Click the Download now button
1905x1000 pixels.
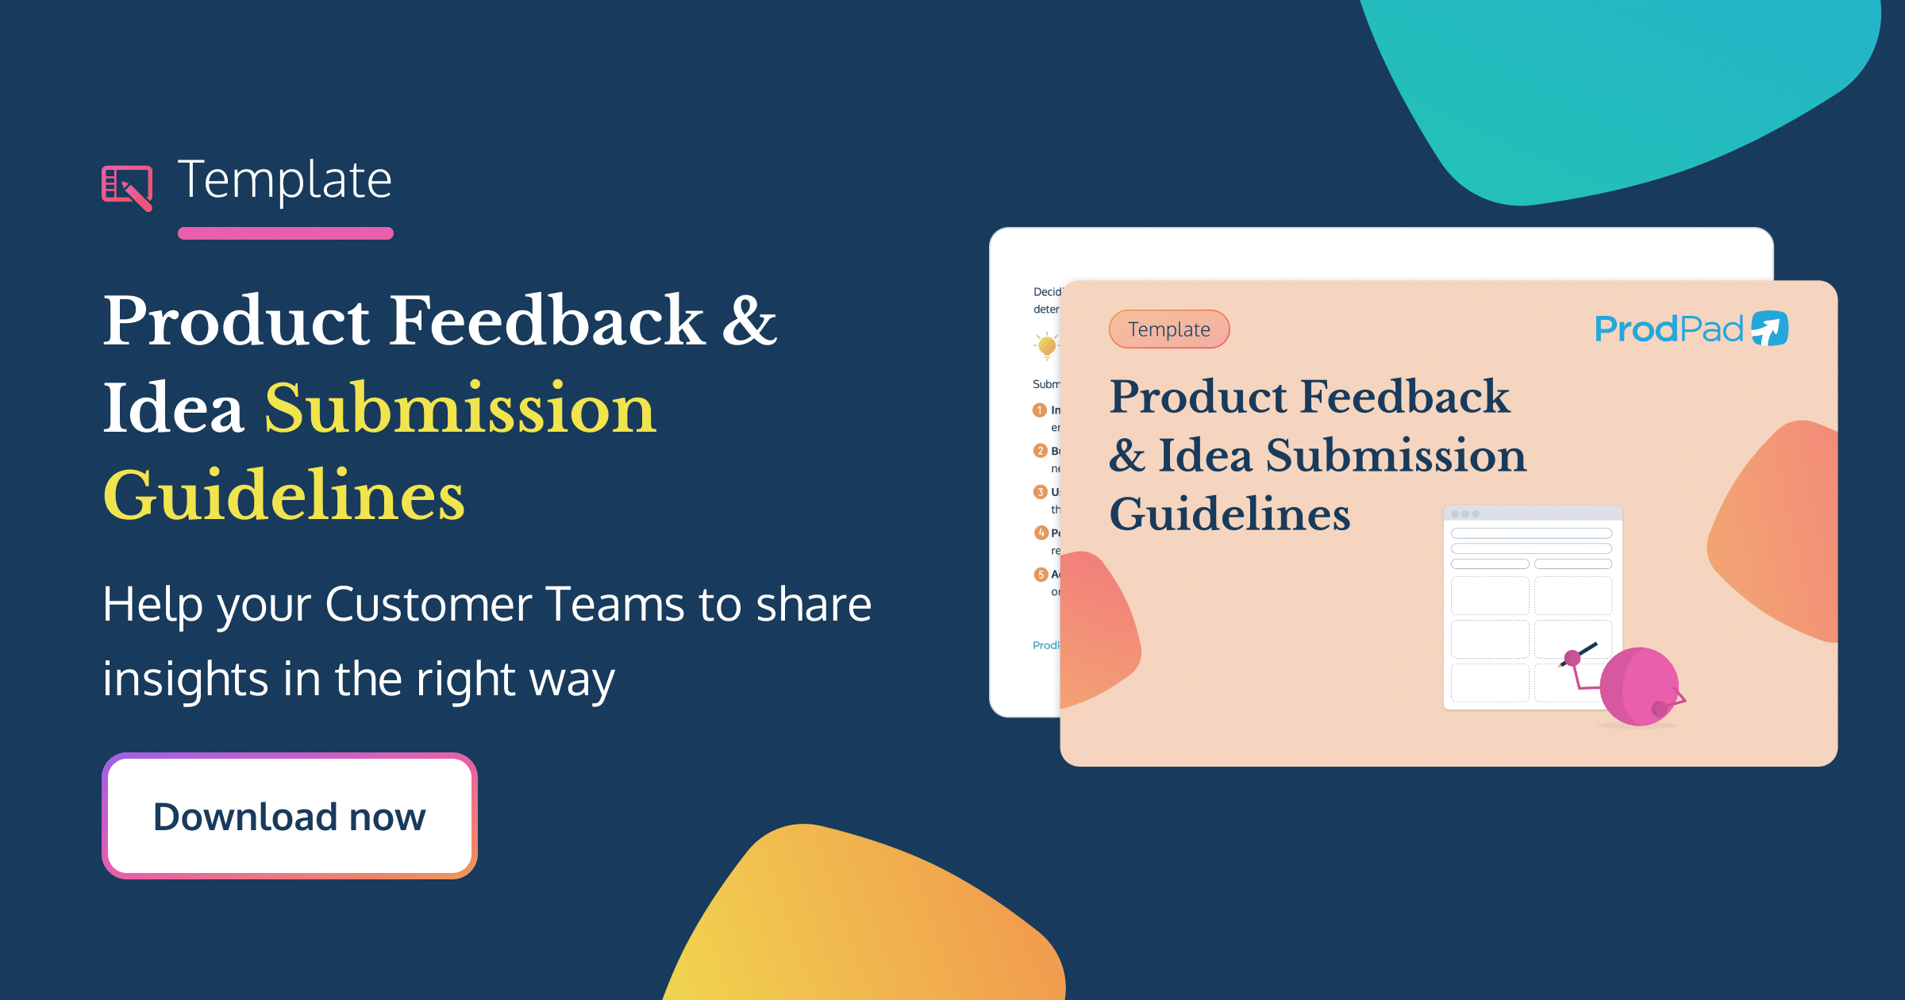290,816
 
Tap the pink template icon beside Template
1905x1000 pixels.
127,187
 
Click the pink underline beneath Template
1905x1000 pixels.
286,233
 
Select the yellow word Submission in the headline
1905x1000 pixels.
460,408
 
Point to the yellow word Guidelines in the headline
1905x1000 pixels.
283,495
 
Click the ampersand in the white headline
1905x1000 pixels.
749,321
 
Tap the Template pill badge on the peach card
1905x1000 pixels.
1169,329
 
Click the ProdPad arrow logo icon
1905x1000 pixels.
1770,329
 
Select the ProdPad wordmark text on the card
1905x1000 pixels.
1668,329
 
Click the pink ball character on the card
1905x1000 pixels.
1639,687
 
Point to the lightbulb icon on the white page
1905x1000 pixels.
1047,345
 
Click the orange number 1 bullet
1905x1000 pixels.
1040,410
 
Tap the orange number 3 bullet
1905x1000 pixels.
1040,492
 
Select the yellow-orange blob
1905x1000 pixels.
865,921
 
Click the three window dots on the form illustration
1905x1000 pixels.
1465,514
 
